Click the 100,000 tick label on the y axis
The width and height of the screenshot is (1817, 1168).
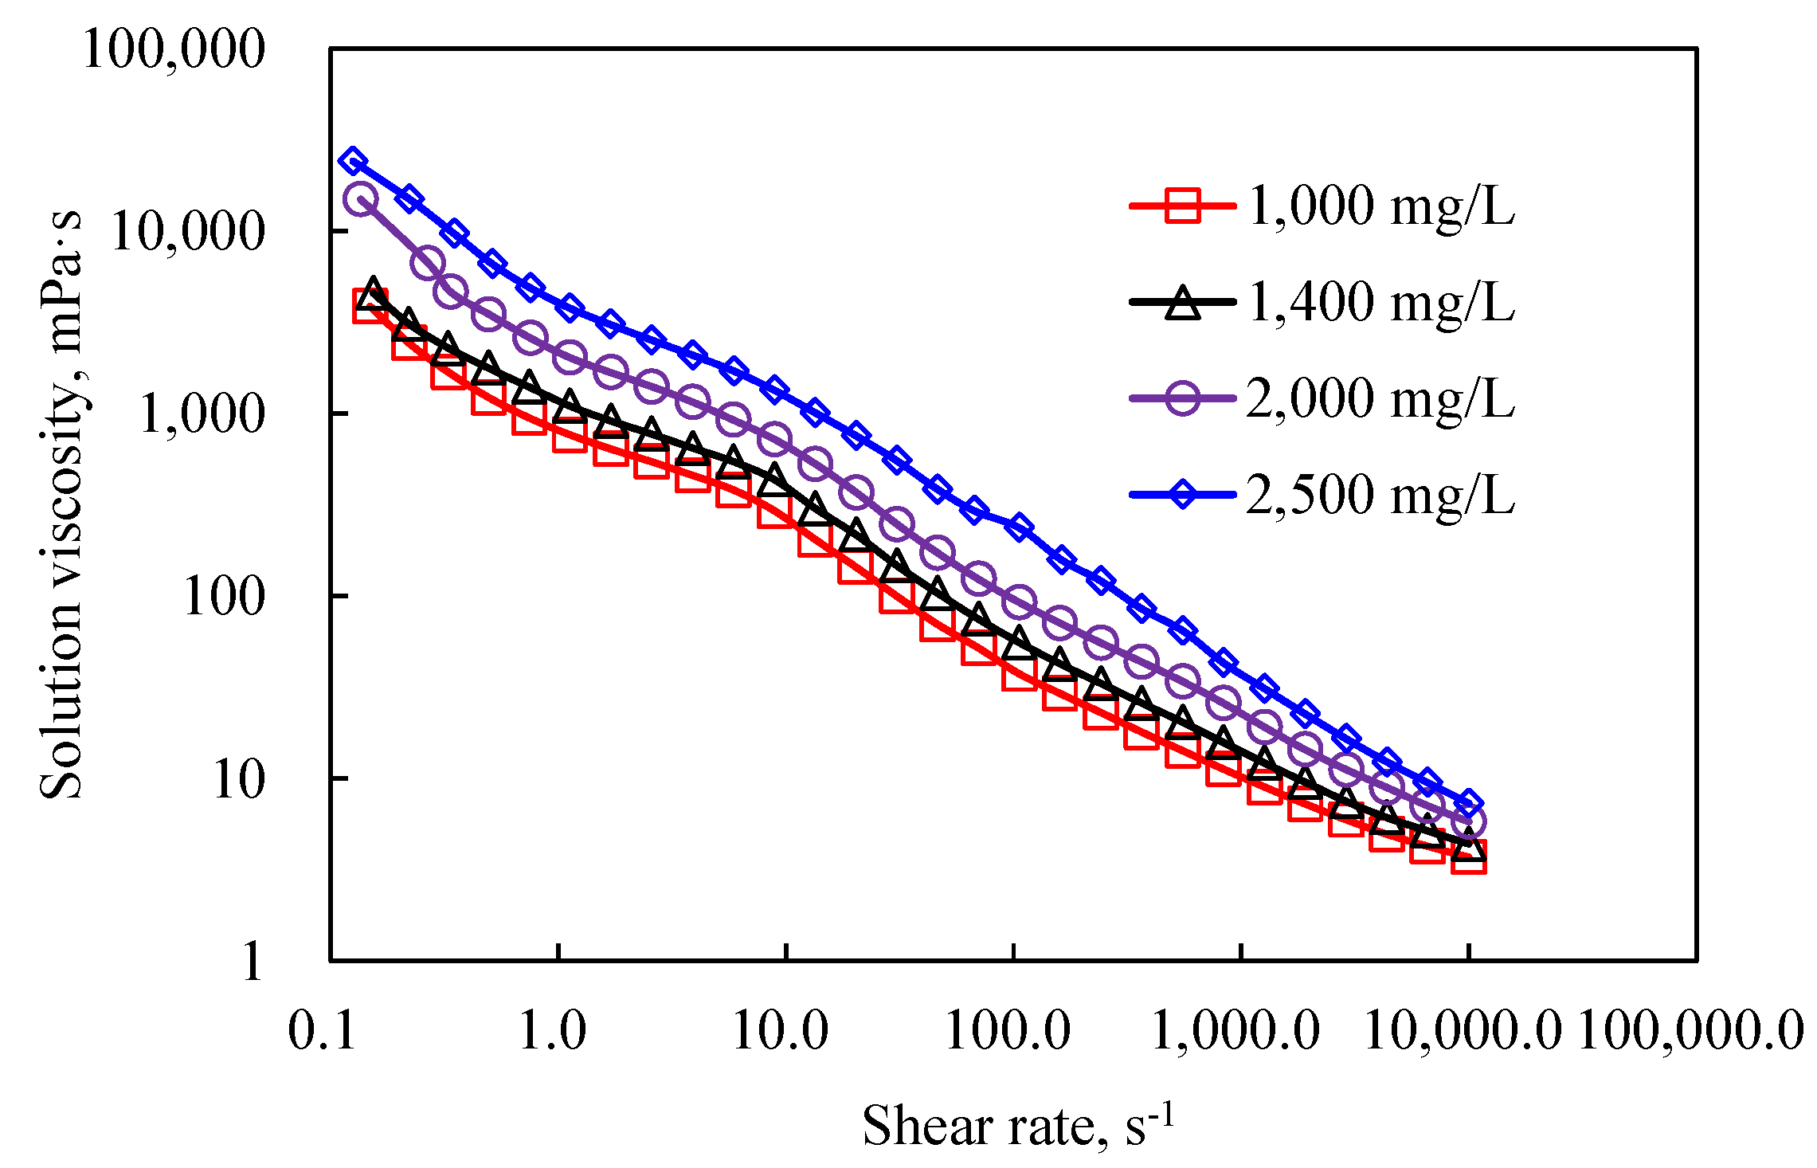174,49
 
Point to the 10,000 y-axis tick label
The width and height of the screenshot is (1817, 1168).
187,232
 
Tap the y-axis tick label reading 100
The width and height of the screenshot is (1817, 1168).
223,597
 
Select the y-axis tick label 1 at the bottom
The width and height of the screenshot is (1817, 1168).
252,961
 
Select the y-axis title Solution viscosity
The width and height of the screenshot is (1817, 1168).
62,504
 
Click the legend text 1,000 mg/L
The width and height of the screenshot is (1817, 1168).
1380,206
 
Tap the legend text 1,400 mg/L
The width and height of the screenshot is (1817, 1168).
1380,303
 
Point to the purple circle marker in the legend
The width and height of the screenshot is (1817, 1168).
1183,398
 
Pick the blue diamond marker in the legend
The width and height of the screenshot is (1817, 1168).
1183,495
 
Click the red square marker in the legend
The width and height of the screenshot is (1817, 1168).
1183,206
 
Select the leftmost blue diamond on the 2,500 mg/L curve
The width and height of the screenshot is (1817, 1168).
353,162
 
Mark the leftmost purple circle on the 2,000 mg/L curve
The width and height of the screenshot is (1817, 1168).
360,198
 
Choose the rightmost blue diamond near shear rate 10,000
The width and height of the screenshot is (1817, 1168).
1469,804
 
